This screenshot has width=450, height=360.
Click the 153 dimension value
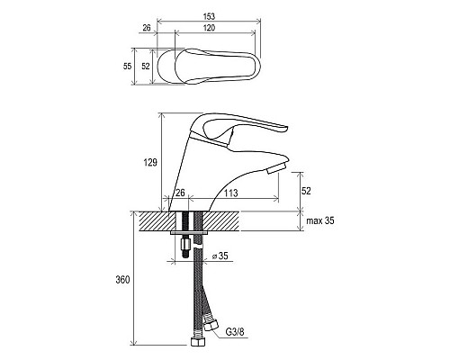209,16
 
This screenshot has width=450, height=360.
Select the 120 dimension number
209,28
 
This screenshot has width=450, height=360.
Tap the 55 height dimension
127,66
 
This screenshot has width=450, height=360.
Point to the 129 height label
150,163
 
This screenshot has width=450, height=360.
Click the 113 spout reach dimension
231,193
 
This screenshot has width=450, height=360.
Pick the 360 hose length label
122,280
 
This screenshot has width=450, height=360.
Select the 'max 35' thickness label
320,220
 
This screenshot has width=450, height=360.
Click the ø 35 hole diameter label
220,256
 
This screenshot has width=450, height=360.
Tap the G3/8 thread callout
235,332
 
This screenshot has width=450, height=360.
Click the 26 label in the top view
147,28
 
